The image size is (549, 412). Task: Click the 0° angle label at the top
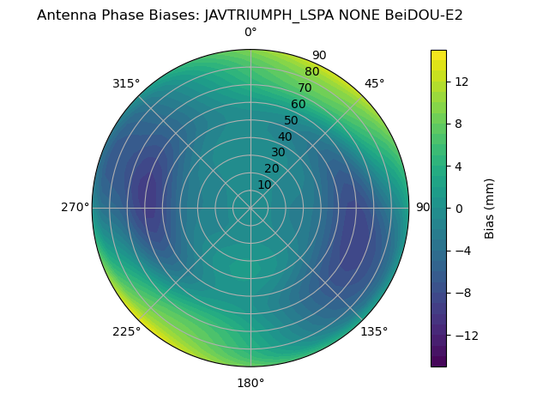click(250, 33)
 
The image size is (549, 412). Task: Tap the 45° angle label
click(374, 83)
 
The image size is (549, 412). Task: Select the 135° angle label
click(374, 331)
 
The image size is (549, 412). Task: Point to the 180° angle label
click(250, 383)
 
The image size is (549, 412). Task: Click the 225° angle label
click(126, 331)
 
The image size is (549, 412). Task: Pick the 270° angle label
click(75, 207)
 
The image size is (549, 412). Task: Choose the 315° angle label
click(126, 83)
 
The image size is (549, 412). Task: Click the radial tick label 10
click(264, 185)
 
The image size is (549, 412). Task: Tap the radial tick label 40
click(285, 136)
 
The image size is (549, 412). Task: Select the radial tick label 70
click(305, 88)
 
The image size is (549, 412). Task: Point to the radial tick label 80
click(312, 71)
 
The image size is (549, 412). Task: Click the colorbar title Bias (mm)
click(490, 208)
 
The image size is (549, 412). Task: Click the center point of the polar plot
click(250, 208)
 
